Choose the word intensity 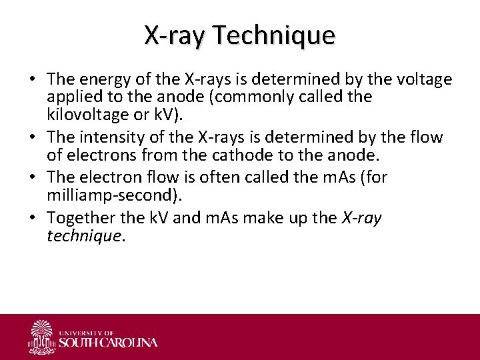tap(111, 138)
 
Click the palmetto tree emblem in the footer tap(42, 337)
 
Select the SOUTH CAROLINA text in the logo tap(109, 343)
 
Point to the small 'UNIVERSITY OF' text tap(87, 332)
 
